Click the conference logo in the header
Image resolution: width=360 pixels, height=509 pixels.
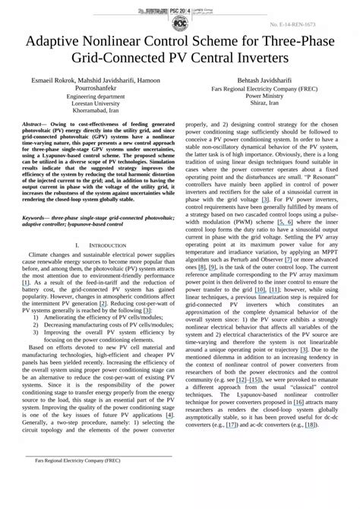click(x=181, y=14)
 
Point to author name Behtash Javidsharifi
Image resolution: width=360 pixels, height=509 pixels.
click(x=270, y=80)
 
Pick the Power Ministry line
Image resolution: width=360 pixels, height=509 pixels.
click(x=270, y=96)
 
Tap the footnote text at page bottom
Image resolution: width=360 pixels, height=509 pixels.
click(x=73, y=481)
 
